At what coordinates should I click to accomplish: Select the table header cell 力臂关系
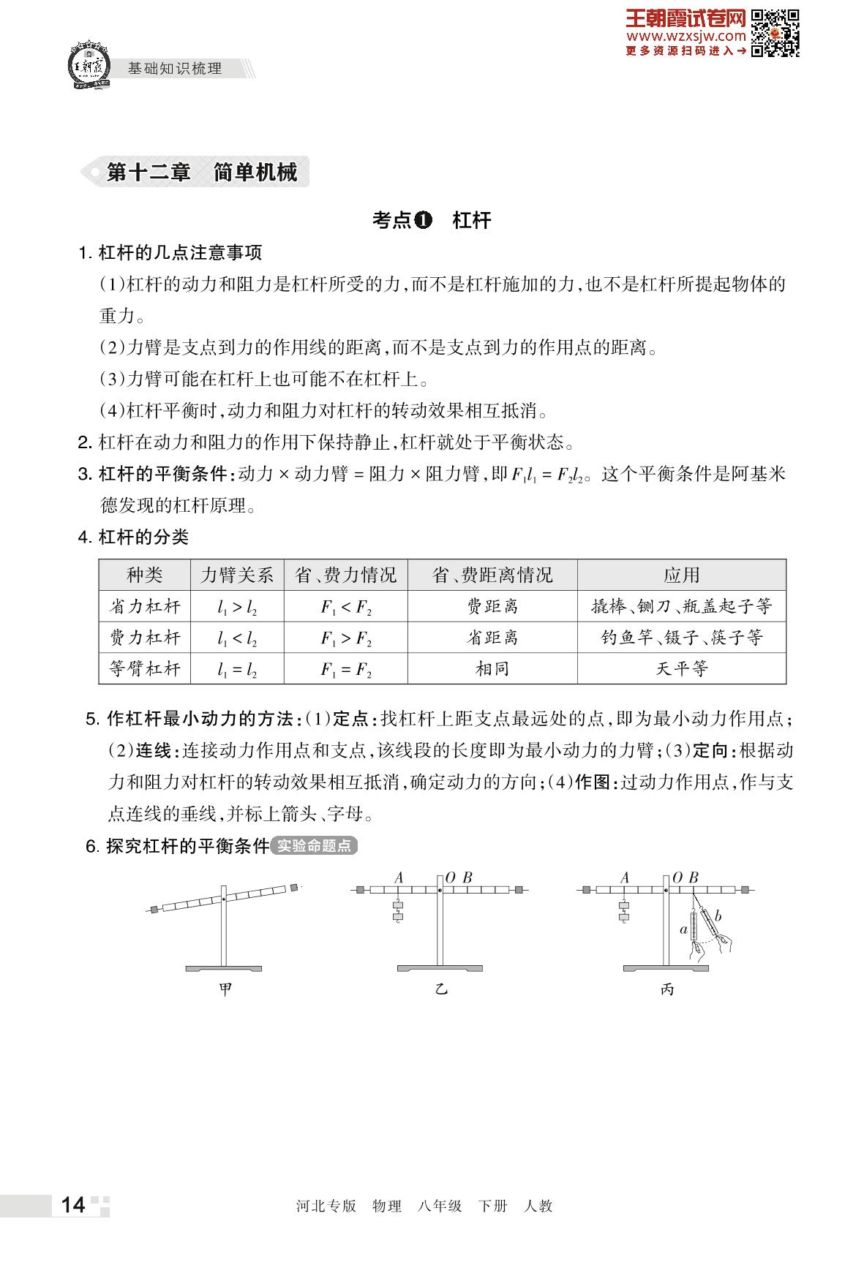click(x=237, y=575)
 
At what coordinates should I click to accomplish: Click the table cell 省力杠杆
click(x=145, y=607)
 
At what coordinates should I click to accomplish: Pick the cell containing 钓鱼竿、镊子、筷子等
click(x=682, y=638)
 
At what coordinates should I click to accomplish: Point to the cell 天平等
click(x=682, y=668)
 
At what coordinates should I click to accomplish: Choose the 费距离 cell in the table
click(x=492, y=607)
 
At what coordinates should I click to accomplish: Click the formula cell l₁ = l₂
click(x=237, y=669)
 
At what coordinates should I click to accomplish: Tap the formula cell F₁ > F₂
click(x=346, y=638)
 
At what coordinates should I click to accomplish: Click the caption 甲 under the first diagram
click(x=225, y=989)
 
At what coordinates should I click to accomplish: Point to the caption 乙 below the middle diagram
click(x=440, y=989)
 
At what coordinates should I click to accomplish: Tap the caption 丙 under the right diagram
click(x=666, y=989)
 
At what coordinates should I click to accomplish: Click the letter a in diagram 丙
click(x=683, y=930)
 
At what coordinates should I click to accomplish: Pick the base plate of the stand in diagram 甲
click(x=223, y=968)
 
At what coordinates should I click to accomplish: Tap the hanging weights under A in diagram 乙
click(x=397, y=910)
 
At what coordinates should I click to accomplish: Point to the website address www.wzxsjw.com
click(x=686, y=36)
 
